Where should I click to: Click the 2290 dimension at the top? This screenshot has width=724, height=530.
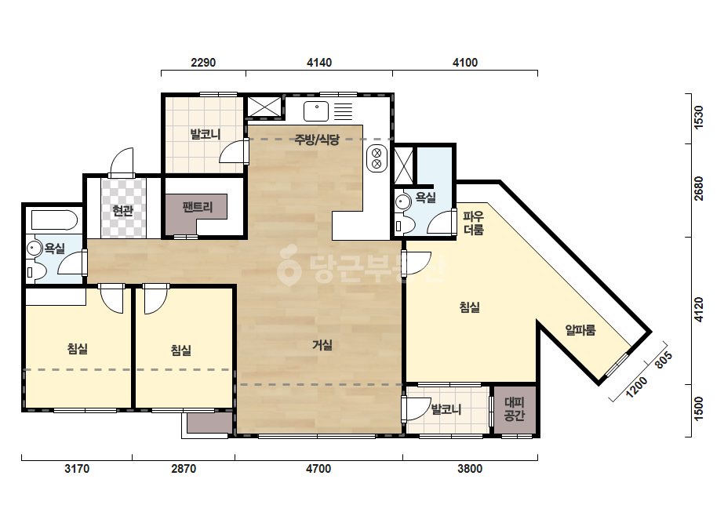203,62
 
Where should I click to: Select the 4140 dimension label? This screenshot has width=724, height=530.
319,62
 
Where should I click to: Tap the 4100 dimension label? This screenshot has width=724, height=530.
465,62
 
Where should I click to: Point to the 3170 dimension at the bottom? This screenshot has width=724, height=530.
77,469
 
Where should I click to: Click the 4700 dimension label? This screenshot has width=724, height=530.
318,469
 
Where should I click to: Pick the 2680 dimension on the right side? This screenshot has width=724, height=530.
698,188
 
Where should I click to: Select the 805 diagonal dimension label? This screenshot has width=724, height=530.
664,360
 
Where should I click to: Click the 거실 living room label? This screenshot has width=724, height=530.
322,345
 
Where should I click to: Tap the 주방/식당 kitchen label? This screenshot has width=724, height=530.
317,140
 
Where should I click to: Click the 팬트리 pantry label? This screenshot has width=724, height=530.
197,207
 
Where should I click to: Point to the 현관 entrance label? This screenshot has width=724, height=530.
123,211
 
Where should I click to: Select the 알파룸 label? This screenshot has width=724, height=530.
580,329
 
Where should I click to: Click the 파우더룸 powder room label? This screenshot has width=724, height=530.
473,223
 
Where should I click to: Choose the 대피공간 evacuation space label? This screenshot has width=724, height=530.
515,409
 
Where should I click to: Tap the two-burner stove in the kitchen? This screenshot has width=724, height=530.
377,158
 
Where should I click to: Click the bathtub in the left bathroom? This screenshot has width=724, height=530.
54,220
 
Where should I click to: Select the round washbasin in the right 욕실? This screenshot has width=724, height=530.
403,201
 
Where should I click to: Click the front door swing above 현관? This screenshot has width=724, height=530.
122,162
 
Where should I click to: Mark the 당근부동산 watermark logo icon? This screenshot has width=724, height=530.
288,265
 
